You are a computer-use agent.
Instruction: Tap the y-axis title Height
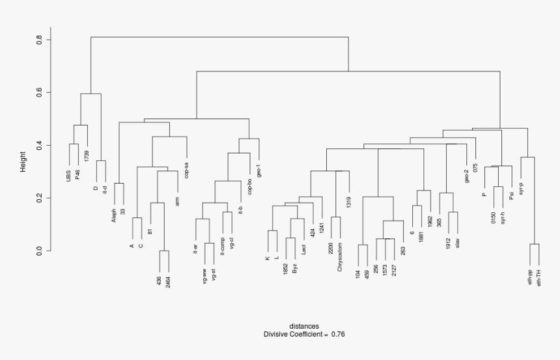pyautogui.click(x=23, y=161)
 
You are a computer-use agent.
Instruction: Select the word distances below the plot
pyautogui.click(x=304, y=326)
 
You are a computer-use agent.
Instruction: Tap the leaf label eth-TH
pyautogui.click(x=539, y=278)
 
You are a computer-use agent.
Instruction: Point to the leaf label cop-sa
pyautogui.click(x=187, y=166)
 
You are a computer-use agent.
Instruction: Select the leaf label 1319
pyautogui.click(x=349, y=202)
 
